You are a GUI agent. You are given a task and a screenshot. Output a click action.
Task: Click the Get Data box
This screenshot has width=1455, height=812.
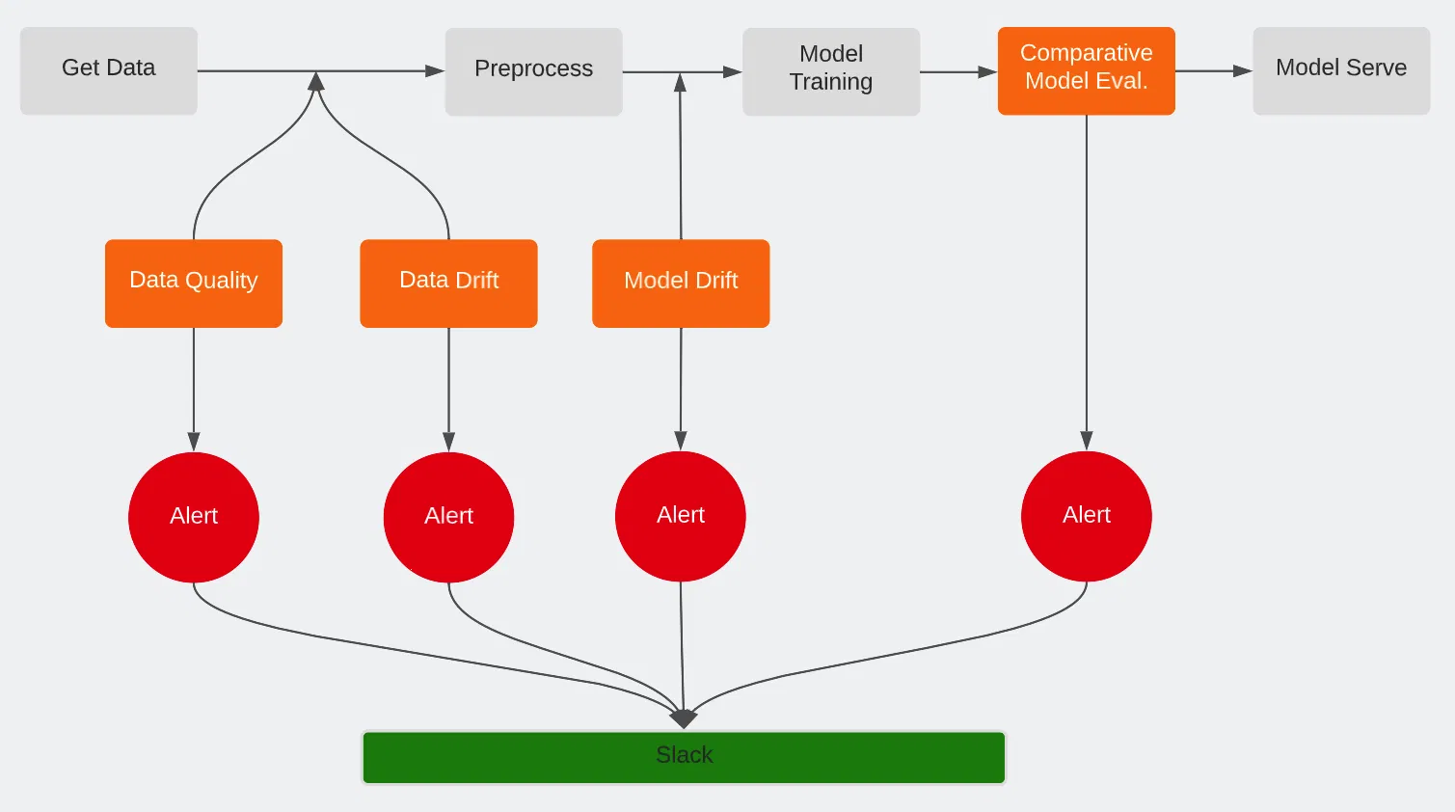click(109, 70)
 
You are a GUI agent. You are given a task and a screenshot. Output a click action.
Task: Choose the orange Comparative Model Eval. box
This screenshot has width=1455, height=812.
click(1086, 70)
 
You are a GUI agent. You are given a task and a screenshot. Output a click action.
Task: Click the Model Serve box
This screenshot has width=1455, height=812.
click(1340, 70)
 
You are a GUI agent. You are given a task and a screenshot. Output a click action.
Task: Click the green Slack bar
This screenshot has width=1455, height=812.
click(684, 757)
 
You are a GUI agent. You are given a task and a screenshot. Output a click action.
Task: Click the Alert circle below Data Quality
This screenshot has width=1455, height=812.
click(194, 517)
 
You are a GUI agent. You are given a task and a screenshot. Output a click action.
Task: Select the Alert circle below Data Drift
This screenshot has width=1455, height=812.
click(448, 517)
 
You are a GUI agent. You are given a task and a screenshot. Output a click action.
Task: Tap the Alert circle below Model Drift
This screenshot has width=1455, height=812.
click(681, 516)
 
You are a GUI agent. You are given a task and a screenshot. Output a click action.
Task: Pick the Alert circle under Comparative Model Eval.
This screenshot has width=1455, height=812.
click(1087, 516)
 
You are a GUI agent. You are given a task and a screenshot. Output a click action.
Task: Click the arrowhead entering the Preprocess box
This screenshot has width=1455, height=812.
click(435, 70)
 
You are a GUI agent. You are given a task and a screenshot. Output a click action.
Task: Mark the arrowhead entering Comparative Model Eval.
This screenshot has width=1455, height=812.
click(987, 71)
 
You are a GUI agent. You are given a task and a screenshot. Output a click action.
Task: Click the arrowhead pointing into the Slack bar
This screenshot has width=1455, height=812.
click(684, 719)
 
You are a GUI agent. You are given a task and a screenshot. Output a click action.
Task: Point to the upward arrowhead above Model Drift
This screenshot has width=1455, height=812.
click(681, 83)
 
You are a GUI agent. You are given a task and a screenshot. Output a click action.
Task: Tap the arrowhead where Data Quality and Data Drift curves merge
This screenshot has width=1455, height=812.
click(315, 82)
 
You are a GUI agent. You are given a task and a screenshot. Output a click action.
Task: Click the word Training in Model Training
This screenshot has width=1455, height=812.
click(831, 83)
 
